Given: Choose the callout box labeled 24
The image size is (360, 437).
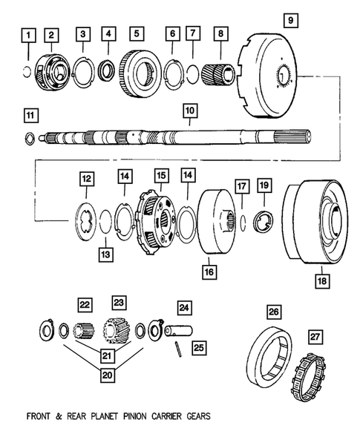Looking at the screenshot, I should (x=184, y=306).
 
